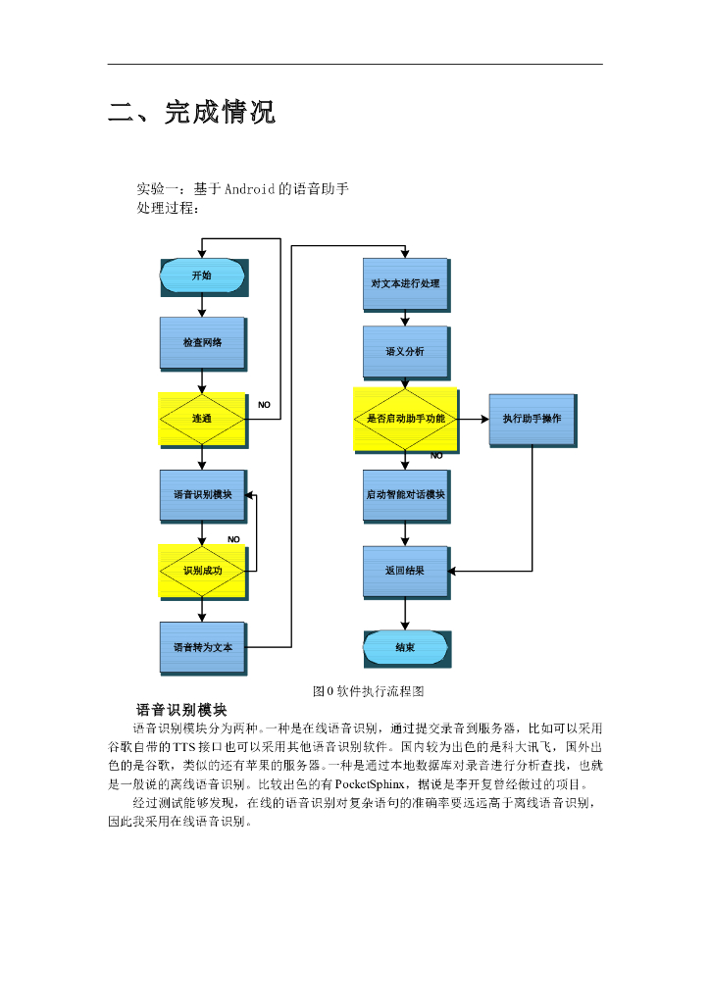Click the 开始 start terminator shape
tap(201, 276)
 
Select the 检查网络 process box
tap(201, 342)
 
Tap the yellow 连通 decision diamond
tap(201, 419)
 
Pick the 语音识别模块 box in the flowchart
tap(202, 494)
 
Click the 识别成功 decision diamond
tap(202, 571)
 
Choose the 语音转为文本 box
tap(202, 646)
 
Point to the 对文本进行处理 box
tap(405, 283)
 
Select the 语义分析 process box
tap(405, 350)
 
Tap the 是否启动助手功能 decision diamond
tap(405, 419)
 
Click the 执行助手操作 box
tap(532, 419)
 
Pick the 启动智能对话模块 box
tap(405, 494)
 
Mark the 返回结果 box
tap(405, 571)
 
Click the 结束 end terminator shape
tap(405, 647)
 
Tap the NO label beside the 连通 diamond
tap(264, 404)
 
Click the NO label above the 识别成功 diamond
tap(233, 539)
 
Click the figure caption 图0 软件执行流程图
tap(367, 691)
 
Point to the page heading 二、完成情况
tap(191, 113)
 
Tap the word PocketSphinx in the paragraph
tap(370, 784)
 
